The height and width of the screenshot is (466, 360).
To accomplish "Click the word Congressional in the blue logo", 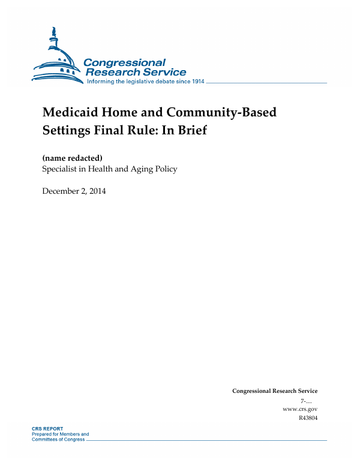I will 124,62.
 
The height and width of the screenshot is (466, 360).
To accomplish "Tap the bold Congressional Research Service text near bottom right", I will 275,391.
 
